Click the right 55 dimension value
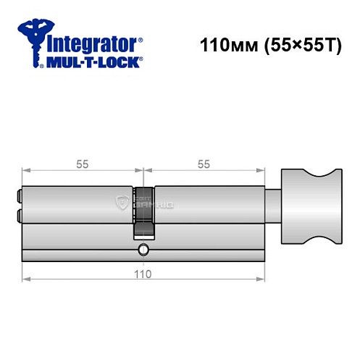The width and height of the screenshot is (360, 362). click(x=204, y=164)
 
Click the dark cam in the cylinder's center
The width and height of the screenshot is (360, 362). click(x=143, y=211)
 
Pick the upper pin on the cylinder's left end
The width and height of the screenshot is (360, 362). click(x=19, y=195)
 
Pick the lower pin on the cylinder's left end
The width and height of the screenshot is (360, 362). click(x=19, y=214)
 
